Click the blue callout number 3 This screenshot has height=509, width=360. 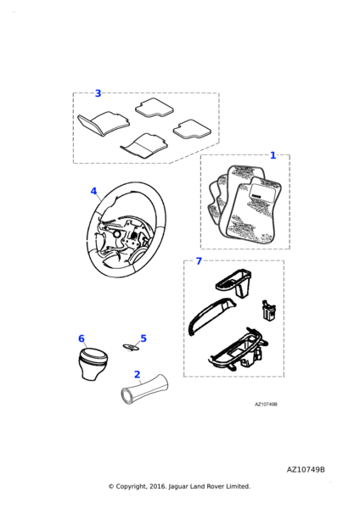click(98, 93)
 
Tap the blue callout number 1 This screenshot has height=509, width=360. click(273, 155)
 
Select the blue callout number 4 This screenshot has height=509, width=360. click(93, 191)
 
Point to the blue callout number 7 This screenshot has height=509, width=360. click(199, 261)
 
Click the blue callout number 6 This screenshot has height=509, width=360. click(82, 338)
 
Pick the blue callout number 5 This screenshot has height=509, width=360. click(143, 338)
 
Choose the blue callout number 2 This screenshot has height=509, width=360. click(137, 375)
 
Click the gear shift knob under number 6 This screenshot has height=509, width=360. click(93, 364)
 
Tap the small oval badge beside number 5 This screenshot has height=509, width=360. click(132, 347)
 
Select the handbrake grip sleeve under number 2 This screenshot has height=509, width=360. click(144, 389)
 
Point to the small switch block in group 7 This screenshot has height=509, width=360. click(268, 310)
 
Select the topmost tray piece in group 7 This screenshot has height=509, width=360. click(234, 282)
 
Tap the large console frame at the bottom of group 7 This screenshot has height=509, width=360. click(239, 350)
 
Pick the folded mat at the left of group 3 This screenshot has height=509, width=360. click(104, 123)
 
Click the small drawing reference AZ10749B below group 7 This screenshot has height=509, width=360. click(266, 404)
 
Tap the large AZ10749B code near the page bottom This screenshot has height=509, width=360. click(306, 470)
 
